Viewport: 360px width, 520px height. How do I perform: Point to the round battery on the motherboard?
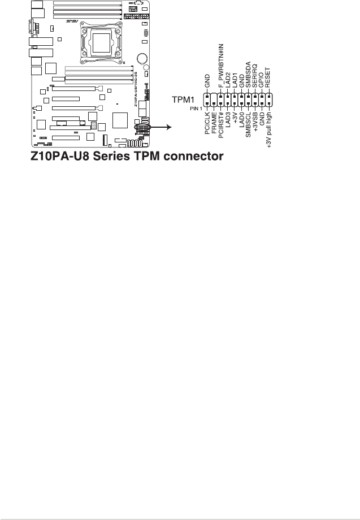(143, 58)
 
